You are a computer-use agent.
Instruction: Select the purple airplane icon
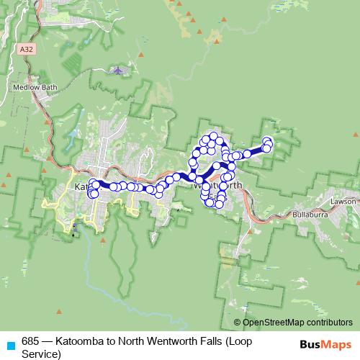[x=118, y=71]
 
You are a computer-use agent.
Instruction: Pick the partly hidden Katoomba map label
[x=81, y=186]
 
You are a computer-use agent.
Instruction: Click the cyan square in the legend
[x=10, y=345]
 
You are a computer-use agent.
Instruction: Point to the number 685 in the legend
[x=30, y=341]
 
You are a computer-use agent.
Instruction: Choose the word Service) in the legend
[x=42, y=354]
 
